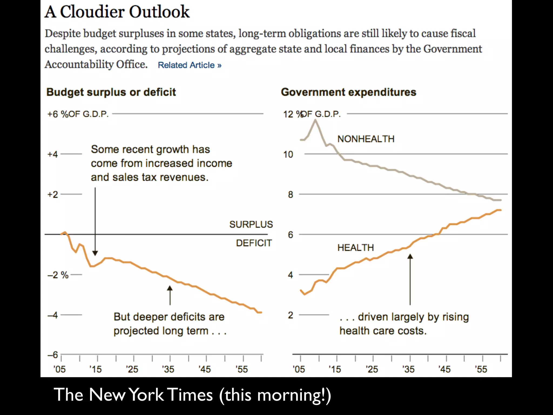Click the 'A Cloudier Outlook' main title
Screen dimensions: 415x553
click(x=117, y=12)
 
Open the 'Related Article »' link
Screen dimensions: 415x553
click(x=190, y=65)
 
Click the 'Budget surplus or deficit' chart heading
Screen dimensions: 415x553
click(x=111, y=92)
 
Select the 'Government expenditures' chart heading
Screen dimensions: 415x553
click(x=348, y=92)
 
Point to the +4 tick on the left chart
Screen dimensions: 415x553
click(x=52, y=154)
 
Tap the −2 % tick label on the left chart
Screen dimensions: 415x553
click(x=58, y=275)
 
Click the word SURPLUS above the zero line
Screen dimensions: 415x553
click(x=251, y=225)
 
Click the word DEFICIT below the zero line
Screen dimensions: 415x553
click(x=254, y=243)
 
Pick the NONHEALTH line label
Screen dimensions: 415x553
click(x=366, y=139)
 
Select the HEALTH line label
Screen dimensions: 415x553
click(x=356, y=247)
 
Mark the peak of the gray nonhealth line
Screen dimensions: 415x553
click(x=315, y=120)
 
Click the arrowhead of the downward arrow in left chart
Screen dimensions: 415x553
click(x=95, y=253)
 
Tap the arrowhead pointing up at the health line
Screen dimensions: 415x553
click(x=410, y=256)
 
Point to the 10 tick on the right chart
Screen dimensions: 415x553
click(x=288, y=155)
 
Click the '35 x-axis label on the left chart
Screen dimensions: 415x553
click(x=168, y=369)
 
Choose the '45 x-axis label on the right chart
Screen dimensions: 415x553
click(x=444, y=369)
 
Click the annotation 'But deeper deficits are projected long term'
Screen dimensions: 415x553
click(x=170, y=324)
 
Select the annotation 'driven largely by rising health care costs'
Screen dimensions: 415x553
click(x=404, y=324)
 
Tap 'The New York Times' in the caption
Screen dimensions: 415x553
click(x=133, y=395)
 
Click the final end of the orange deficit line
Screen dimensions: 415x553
click(x=261, y=312)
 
